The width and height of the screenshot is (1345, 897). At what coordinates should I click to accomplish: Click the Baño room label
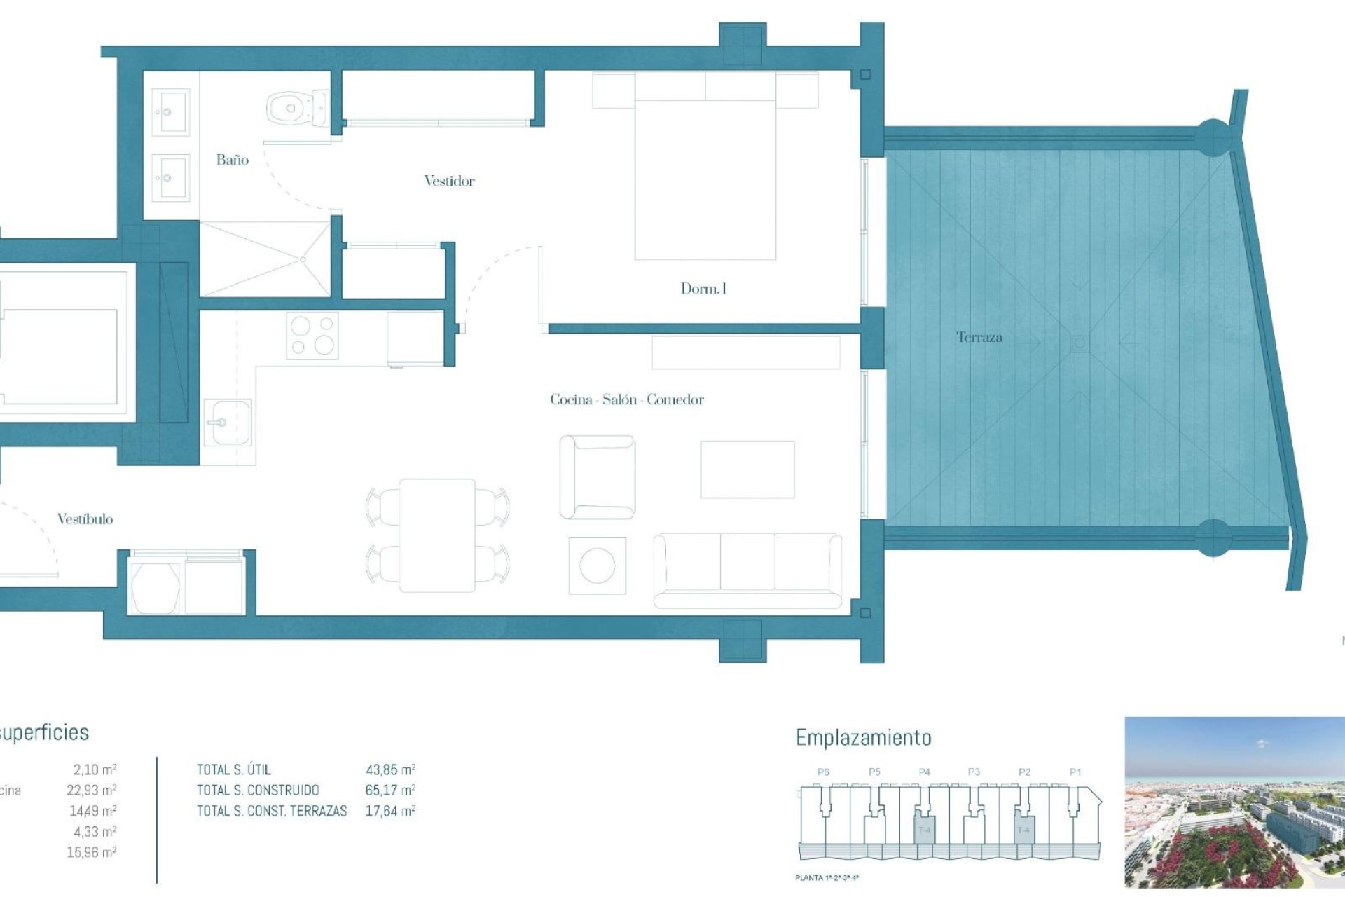pos(232,160)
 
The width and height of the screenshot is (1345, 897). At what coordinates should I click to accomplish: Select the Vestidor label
pos(449,181)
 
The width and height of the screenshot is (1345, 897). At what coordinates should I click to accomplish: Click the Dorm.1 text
pos(703,288)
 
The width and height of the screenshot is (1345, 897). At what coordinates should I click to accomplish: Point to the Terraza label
pos(979,337)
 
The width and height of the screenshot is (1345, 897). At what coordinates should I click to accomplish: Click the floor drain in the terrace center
pos(1080,343)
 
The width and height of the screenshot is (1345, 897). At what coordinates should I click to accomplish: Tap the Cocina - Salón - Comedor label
pos(626,399)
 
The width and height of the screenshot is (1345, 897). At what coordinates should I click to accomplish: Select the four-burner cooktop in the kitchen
pos(312,335)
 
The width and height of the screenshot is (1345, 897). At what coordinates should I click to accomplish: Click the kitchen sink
pos(228,423)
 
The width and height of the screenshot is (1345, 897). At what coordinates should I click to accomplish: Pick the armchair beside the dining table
pos(597,477)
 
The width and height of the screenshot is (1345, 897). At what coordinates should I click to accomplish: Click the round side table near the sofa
pos(597,566)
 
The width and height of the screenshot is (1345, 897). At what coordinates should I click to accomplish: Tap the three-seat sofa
pos(747,570)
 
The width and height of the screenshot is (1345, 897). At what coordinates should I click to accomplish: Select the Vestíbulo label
pos(85,519)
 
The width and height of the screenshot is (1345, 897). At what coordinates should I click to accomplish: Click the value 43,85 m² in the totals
pos(390,769)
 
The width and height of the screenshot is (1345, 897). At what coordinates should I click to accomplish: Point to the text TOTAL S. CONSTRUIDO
pos(258,790)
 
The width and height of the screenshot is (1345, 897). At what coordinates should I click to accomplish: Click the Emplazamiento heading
pos(863,737)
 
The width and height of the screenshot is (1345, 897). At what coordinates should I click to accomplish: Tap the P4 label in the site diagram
pos(924,772)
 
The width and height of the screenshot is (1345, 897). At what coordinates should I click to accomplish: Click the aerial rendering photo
pos(1234,802)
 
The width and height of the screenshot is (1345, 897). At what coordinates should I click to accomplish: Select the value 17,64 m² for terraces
pos(390,812)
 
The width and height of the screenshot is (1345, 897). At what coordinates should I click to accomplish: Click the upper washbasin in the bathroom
pos(170,111)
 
